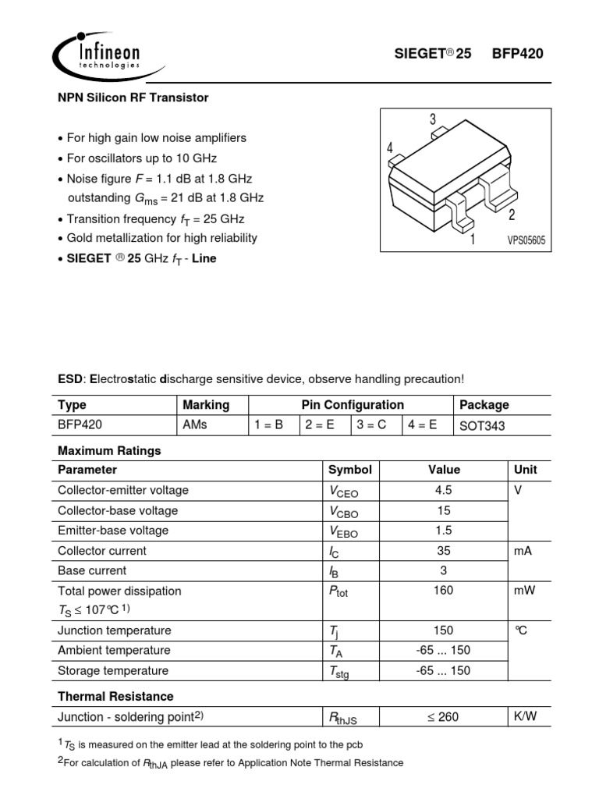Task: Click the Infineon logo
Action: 97,55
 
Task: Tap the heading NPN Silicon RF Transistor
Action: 133,98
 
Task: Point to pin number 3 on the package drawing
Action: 432,119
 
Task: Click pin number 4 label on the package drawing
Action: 389,148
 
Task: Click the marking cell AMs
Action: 195,425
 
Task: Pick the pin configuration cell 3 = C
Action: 375,425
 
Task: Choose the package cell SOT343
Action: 483,426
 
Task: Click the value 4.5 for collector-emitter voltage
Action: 444,490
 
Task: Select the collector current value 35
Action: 444,550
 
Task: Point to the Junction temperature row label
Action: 114,630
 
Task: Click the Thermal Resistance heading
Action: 115,696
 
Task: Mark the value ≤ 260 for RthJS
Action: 444,716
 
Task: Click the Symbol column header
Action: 349,470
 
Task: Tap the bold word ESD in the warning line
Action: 70,379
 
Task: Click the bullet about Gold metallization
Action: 161,238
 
